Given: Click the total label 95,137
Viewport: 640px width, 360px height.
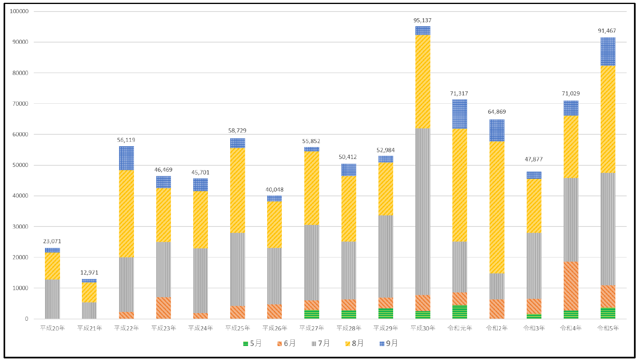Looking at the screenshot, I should coord(422,20).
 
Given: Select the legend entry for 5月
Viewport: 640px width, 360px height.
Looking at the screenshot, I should coord(252,343).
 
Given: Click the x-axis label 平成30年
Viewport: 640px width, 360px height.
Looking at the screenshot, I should coord(423,328).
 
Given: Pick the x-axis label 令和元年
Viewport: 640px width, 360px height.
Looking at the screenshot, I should coord(460,328).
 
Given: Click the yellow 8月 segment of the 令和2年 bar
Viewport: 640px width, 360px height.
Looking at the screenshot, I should coord(497,207).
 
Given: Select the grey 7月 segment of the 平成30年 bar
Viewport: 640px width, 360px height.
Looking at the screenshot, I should coord(423,211).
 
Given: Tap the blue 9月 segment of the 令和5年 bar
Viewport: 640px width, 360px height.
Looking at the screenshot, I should coord(608,52).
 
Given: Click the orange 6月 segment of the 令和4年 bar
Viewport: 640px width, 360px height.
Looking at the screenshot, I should coord(571,286).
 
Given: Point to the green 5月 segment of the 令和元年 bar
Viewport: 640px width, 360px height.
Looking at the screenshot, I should coord(460,312).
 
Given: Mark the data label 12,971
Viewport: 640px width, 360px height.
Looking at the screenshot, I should coord(89,273).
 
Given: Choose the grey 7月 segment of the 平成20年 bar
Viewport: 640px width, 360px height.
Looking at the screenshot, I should coord(52,299).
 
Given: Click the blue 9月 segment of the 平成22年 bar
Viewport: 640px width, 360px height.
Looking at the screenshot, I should coord(126,158).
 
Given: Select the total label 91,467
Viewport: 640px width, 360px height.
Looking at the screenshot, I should coord(607,31).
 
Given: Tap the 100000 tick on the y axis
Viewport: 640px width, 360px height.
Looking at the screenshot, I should coord(19,12).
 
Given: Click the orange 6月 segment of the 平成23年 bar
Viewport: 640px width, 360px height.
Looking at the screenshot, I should coord(163,308).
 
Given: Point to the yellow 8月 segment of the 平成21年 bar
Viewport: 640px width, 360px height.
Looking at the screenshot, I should coord(89,292).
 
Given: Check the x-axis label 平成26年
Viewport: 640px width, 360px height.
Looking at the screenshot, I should coord(275,328).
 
